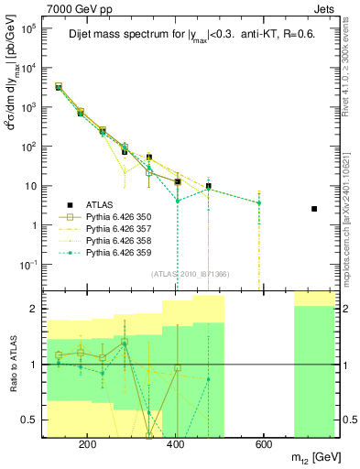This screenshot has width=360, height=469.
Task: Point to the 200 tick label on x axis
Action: (88, 445)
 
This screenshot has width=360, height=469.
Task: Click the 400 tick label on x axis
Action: (175, 445)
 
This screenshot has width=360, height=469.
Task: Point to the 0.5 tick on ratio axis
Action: (32, 420)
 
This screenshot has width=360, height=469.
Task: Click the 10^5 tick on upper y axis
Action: (29, 28)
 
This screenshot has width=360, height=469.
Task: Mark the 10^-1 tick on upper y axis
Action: (29, 265)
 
